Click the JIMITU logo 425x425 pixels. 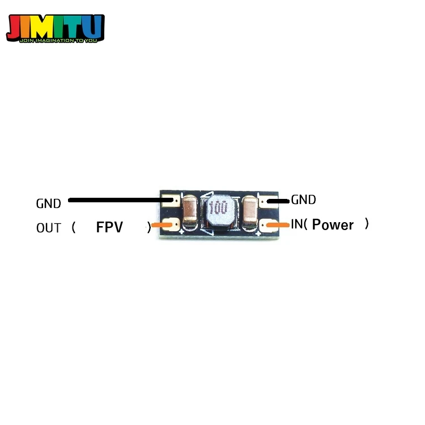coord(56,28)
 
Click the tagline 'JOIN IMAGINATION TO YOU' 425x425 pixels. coord(58,41)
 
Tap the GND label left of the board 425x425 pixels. coord(49,203)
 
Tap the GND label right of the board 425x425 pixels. coord(303,200)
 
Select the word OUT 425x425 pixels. coord(49,228)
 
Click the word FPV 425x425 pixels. coord(109,227)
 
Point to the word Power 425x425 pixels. coord(333,225)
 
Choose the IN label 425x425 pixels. coord(297,224)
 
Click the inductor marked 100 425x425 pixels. coord(219,210)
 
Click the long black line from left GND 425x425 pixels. coord(120,200)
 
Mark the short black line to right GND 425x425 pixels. coord(278,201)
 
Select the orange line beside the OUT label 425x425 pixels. coord(161,225)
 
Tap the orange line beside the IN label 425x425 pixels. coord(278,225)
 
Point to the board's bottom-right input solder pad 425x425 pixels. coord(269,225)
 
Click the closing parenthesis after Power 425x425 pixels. coord(367,224)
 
